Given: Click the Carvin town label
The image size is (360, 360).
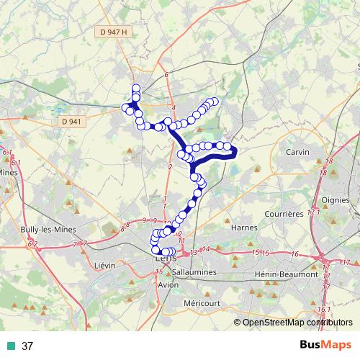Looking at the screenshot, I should (x=297, y=153).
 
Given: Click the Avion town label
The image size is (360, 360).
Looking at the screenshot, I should (x=168, y=285).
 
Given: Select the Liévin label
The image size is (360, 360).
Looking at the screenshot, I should (x=105, y=266).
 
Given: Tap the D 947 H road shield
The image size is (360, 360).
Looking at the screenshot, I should (x=113, y=32).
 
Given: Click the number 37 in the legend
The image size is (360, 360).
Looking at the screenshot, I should (x=28, y=346).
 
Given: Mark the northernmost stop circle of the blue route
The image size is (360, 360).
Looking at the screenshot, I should (x=136, y=88).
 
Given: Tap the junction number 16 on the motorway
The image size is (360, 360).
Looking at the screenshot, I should (x=295, y=254).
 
